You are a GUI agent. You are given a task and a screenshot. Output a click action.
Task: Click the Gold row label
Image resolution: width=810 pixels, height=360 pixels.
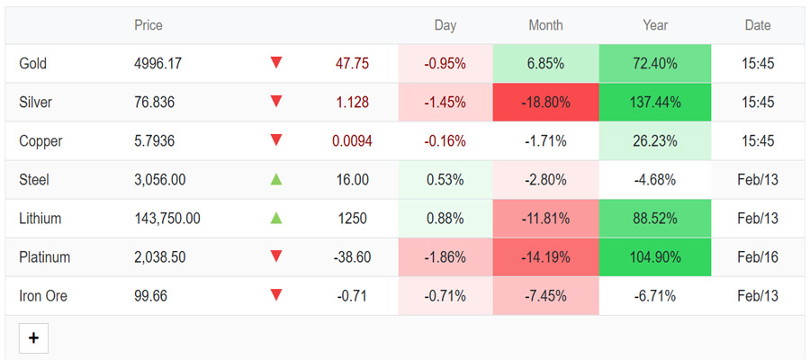pyautogui.click(x=32, y=64)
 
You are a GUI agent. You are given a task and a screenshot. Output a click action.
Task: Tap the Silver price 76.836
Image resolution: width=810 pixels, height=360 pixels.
pyautogui.click(x=155, y=103)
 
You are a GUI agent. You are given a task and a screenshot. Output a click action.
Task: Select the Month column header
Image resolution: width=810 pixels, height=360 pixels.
pyautogui.click(x=545, y=25)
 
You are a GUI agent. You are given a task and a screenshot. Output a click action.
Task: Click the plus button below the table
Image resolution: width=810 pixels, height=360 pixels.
pyautogui.click(x=33, y=338)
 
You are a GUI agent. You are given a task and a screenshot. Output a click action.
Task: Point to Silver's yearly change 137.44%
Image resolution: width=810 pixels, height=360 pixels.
pyautogui.click(x=655, y=103)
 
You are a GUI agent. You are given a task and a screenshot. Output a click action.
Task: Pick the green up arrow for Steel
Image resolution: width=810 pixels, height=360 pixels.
pyautogui.click(x=276, y=180)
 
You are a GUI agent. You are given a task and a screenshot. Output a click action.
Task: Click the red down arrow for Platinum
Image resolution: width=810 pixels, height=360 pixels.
pyautogui.click(x=276, y=256)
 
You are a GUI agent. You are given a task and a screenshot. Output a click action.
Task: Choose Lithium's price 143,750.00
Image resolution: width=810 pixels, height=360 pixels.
pyautogui.click(x=167, y=219)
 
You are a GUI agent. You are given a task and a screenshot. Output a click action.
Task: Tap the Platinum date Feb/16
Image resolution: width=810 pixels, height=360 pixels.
pyautogui.click(x=758, y=257)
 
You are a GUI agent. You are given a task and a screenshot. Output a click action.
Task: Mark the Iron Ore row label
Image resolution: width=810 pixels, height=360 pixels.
pyautogui.click(x=43, y=296)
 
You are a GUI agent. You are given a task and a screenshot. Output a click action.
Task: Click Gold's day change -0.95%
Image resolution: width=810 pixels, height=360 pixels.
pyautogui.click(x=445, y=64)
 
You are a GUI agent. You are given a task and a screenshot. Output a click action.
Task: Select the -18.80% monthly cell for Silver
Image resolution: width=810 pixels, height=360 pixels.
pyautogui.click(x=545, y=103)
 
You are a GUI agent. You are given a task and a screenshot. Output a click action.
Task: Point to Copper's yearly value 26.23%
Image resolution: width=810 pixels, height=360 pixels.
pyautogui.click(x=655, y=141)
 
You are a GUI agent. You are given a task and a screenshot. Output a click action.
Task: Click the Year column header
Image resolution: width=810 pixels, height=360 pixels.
pyautogui.click(x=655, y=25)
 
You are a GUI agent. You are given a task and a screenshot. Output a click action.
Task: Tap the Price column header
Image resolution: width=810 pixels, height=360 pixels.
pyautogui.click(x=148, y=25)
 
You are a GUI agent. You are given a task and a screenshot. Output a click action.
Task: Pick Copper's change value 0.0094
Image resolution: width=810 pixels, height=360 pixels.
pyautogui.click(x=352, y=141)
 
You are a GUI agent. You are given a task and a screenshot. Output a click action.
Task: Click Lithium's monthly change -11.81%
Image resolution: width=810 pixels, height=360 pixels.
pyautogui.click(x=545, y=219)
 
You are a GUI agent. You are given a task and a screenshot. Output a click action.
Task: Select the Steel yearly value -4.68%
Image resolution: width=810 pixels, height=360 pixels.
pyautogui.click(x=655, y=180)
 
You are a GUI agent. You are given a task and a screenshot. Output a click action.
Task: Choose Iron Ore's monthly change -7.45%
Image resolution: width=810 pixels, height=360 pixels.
pyautogui.click(x=545, y=296)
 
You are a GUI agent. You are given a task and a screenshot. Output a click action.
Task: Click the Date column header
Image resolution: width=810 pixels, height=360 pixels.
pyautogui.click(x=758, y=25)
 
